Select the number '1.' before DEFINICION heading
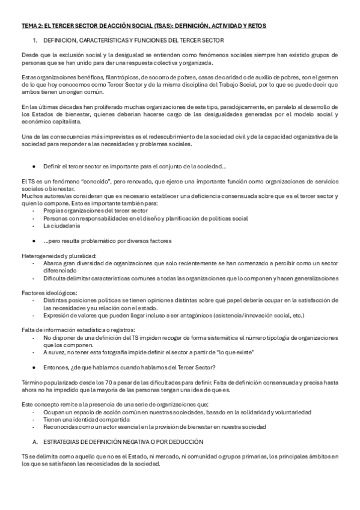[x=35, y=40]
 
